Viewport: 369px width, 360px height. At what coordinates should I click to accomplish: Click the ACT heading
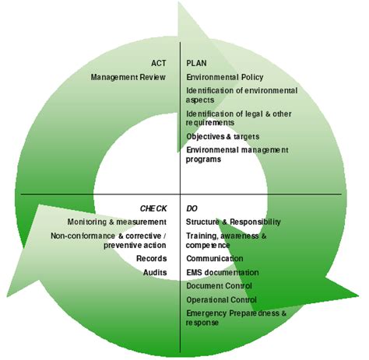click(x=158, y=63)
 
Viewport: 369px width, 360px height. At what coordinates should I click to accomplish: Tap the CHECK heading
click(x=153, y=208)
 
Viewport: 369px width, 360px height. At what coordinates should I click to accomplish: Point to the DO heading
click(x=192, y=208)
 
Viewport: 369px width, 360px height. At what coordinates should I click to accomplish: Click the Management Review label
click(x=128, y=77)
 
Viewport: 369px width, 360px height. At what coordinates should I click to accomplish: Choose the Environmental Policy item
click(x=224, y=77)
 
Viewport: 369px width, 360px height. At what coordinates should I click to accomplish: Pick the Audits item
click(x=154, y=272)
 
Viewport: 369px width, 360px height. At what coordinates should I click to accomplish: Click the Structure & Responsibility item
click(x=234, y=222)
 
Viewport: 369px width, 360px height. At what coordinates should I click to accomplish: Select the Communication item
click(x=215, y=258)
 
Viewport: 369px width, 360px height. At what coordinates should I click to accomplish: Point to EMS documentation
click(x=223, y=272)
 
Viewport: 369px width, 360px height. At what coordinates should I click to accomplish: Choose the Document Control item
click(x=219, y=285)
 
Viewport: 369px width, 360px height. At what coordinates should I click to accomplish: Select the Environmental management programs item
click(x=237, y=154)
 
